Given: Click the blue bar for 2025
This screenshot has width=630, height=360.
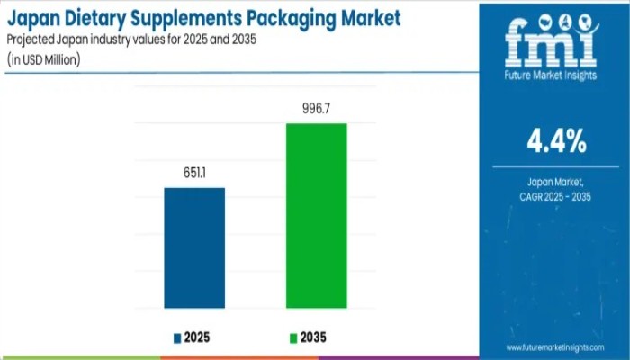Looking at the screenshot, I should click(x=194, y=247).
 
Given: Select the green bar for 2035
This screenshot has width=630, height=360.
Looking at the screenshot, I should click(x=316, y=216).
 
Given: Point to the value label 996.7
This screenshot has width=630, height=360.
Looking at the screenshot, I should click(x=316, y=109).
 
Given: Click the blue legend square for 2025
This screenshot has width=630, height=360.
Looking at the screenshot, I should click(x=177, y=337).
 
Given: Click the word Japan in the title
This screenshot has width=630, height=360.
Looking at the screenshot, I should click(x=36, y=17).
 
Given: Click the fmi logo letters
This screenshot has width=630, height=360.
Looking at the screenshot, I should click(x=550, y=41).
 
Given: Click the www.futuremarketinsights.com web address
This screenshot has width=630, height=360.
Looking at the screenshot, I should click(x=559, y=346).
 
